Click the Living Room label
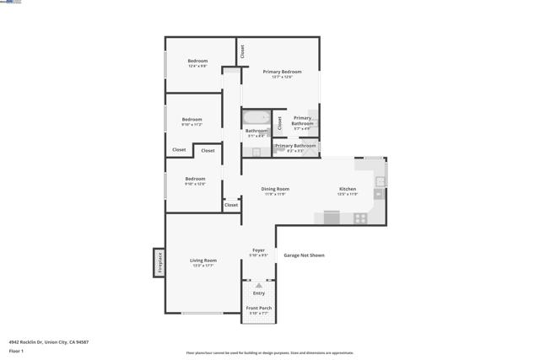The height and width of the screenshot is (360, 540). [x=203, y=261]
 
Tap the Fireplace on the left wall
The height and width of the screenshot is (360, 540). [x=158, y=262]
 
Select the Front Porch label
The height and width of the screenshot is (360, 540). [x=258, y=309]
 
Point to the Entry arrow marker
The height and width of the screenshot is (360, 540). [x=258, y=286]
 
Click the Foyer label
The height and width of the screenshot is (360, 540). [x=258, y=250]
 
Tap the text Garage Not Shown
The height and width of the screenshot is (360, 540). [x=304, y=255]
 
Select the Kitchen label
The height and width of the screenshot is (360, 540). [x=348, y=189]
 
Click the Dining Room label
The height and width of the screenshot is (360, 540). [x=275, y=189]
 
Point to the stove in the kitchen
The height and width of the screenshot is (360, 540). [x=360, y=218]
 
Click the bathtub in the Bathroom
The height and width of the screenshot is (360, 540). [x=256, y=118]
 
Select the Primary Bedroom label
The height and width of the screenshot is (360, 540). [x=282, y=72]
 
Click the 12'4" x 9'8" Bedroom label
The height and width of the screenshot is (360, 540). [x=197, y=61]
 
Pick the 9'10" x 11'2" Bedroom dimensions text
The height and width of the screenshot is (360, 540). [x=192, y=125]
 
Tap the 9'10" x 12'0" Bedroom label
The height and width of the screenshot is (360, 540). [x=195, y=184]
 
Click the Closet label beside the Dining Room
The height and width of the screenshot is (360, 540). [x=231, y=205]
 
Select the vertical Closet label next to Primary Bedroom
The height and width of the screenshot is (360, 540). [x=242, y=51]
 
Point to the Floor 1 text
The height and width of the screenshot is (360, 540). [x=17, y=350]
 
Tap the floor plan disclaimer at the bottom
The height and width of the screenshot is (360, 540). [x=270, y=353]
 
